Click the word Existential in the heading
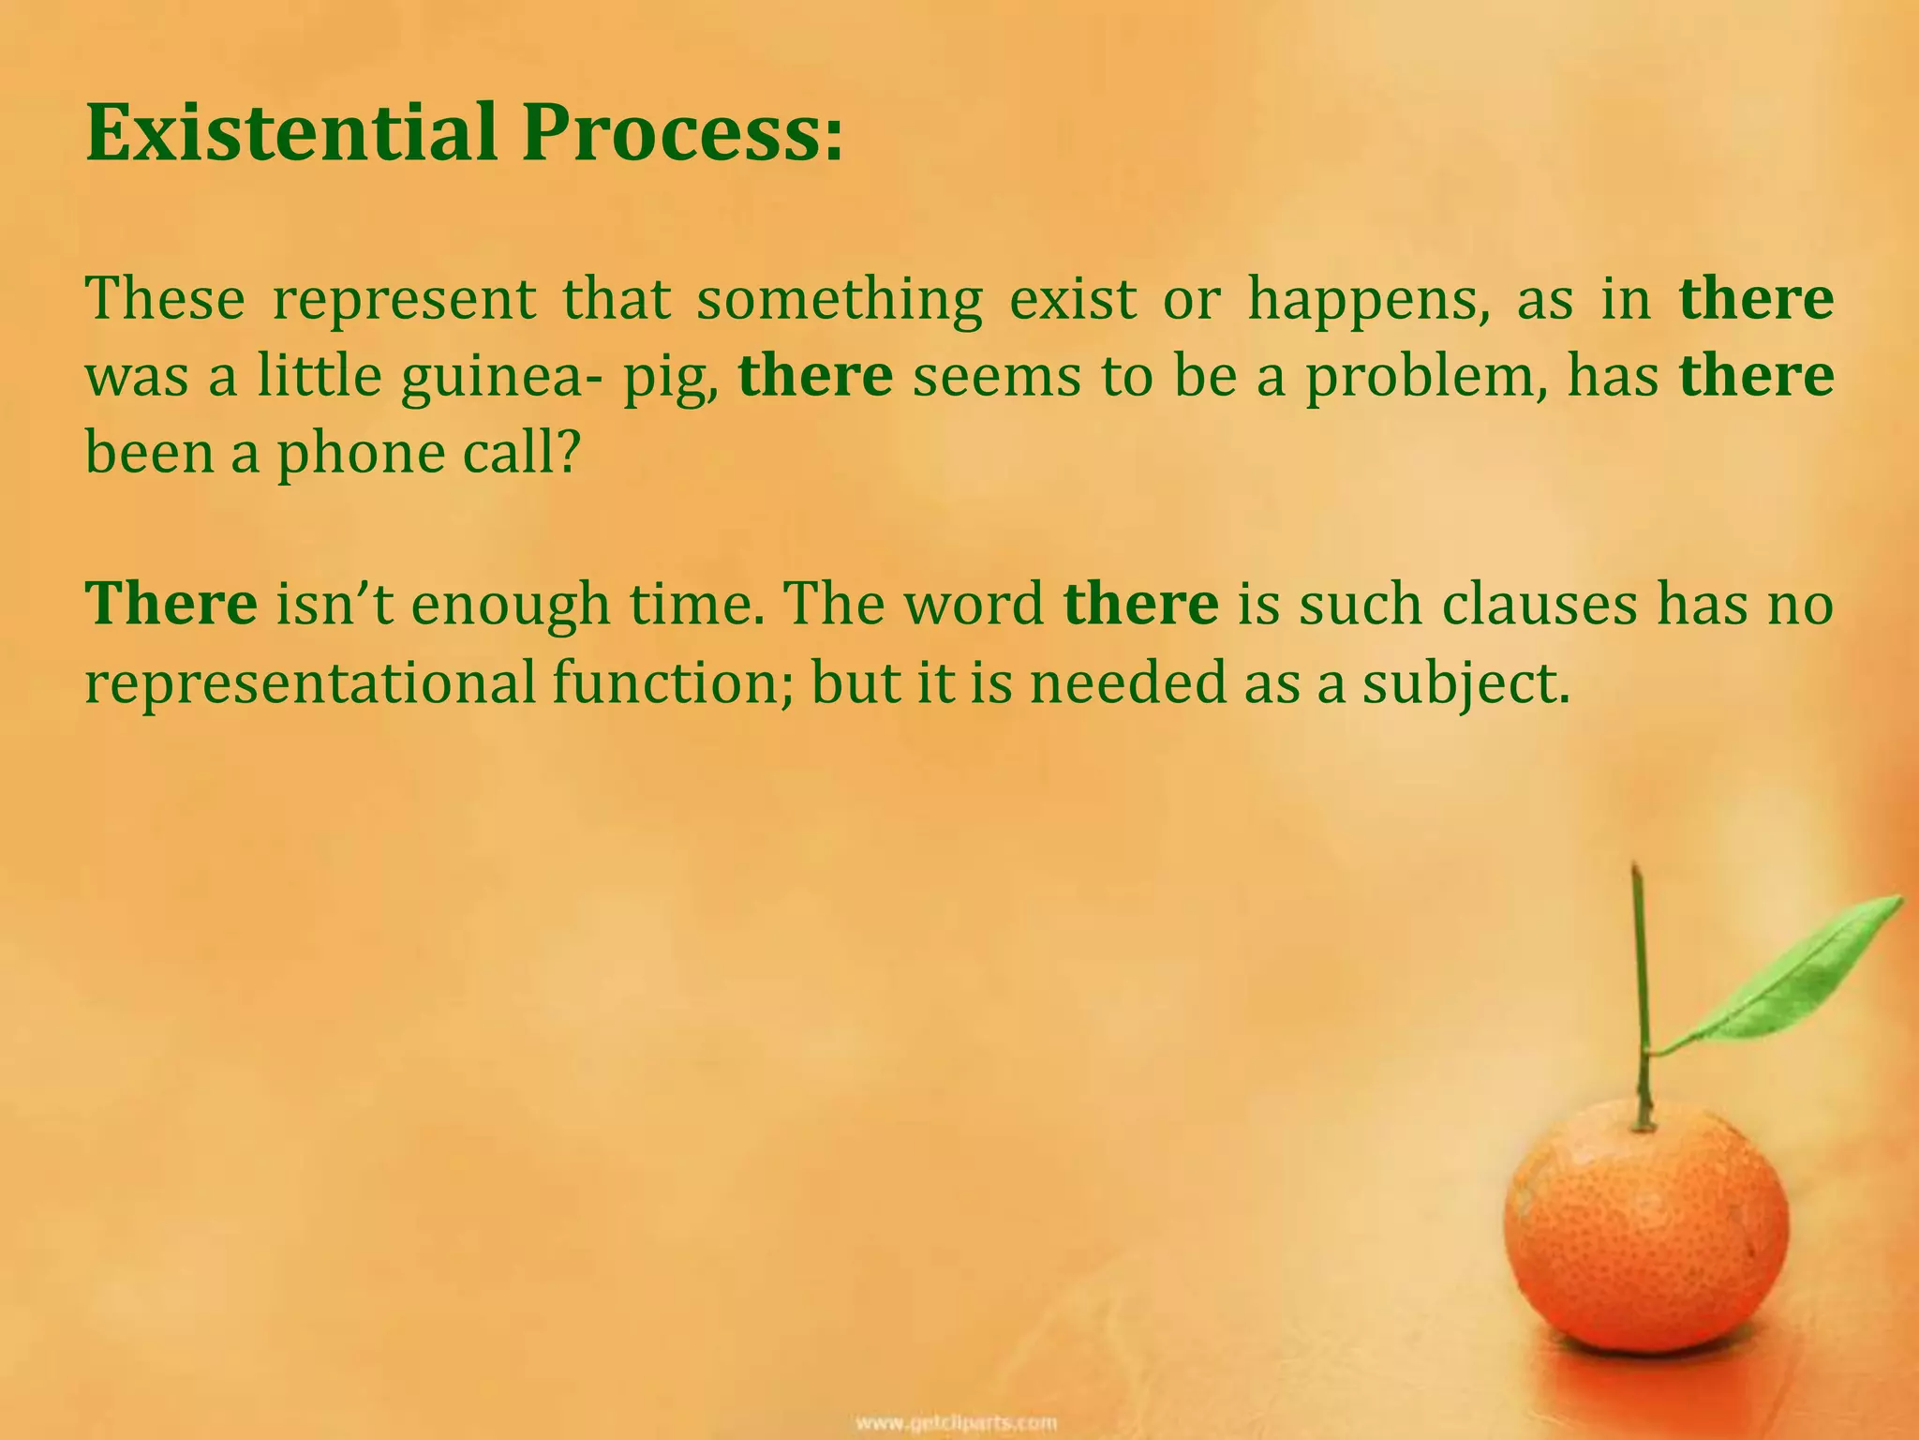[290, 133]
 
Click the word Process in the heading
[671, 133]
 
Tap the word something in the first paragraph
[840, 299]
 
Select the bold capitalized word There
[171, 603]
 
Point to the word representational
[310, 683]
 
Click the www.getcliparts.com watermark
[958, 1422]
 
